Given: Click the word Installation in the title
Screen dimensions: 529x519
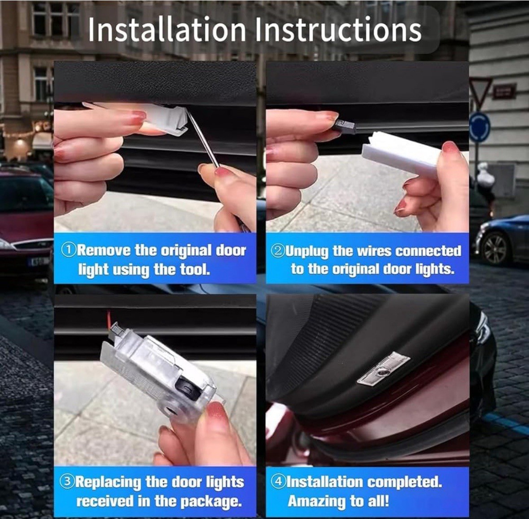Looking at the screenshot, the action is pyautogui.click(x=166, y=30).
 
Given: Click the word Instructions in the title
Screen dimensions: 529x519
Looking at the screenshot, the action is pyautogui.click(x=338, y=30).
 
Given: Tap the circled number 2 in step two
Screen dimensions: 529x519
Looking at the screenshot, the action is pyautogui.click(x=278, y=251).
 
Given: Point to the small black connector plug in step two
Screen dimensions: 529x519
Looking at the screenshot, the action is pyautogui.click(x=345, y=126).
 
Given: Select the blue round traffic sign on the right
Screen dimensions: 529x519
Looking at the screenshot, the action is pyautogui.click(x=479, y=127).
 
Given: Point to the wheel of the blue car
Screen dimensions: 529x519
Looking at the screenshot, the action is pyautogui.click(x=495, y=248).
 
